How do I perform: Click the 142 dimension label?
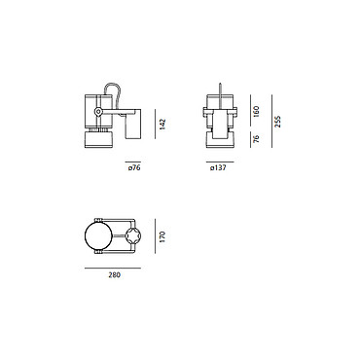[162, 125]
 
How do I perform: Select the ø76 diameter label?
[134, 168]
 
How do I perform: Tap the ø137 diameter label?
[218, 168]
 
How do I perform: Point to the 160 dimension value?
[256, 111]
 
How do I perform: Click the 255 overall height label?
[277, 122]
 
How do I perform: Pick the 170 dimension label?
[162, 236]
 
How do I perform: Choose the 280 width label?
[114, 275]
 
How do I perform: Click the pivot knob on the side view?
[97, 112]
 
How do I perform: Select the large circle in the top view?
[98, 236]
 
